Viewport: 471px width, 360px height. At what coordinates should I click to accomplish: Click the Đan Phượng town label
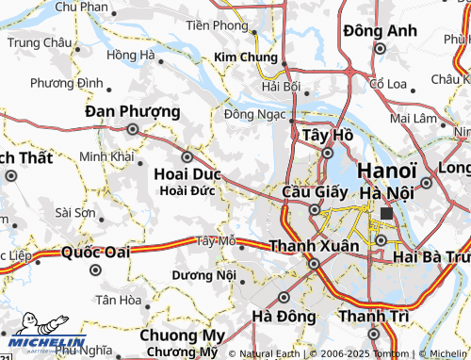click(132, 111)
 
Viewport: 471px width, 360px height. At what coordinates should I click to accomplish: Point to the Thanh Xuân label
click(314, 245)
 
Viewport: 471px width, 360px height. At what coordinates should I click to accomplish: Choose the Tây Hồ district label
click(328, 136)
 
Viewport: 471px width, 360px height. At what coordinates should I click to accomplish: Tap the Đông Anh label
click(380, 31)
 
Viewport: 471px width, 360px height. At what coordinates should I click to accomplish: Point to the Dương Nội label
click(203, 275)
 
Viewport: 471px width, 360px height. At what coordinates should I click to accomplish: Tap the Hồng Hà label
click(131, 56)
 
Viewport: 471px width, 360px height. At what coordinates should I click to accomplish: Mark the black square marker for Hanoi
click(386, 214)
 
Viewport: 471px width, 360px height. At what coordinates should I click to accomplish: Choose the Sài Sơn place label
click(74, 213)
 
